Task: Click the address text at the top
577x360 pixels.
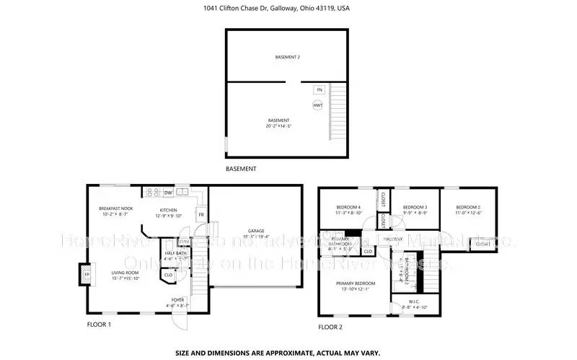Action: [x=288, y=8]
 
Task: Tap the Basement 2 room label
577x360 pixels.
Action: [x=288, y=57]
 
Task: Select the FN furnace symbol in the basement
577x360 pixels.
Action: [x=319, y=90]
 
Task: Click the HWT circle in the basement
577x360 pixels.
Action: [x=318, y=105]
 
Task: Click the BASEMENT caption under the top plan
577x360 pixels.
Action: [x=241, y=169]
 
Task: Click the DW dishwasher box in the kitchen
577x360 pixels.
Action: [x=168, y=193]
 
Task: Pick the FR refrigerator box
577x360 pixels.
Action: [x=201, y=215]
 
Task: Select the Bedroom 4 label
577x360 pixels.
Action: [x=348, y=210]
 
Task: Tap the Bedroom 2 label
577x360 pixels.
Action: [x=468, y=210]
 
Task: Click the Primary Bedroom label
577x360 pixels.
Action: [x=354, y=286]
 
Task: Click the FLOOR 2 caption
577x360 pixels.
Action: [x=330, y=327]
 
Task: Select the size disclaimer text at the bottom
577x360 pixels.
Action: [x=288, y=354]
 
